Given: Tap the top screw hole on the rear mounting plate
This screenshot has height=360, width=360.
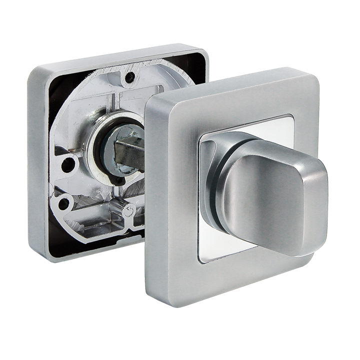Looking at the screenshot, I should pos(129,77).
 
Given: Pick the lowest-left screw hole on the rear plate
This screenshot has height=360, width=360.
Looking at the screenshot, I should pos(63,202).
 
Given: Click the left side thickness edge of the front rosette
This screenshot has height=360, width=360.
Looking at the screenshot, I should pos(151,200).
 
